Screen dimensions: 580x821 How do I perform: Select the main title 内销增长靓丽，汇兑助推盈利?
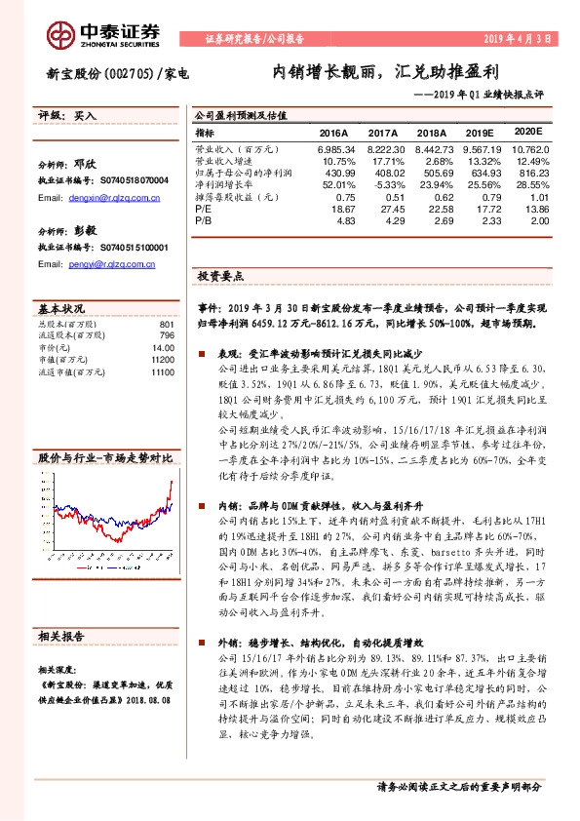click(x=385, y=73)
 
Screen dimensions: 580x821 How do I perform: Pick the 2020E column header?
click(x=527, y=131)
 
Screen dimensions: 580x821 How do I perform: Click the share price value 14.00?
click(x=162, y=347)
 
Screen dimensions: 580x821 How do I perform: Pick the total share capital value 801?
click(x=166, y=324)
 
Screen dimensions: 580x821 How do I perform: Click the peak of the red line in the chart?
click(x=172, y=483)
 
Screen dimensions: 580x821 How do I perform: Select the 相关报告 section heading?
click(x=60, y=635)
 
